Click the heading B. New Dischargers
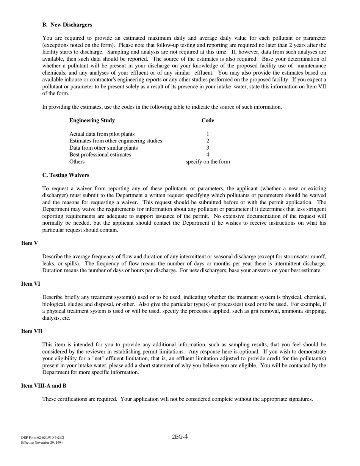coord(67,25)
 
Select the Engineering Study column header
coord(92,120)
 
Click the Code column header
coord(208,120)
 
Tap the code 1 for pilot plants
coord(208,134)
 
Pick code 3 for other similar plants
coord(208,148)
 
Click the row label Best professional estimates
coord(100,155)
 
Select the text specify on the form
coord(208,162)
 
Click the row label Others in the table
coord(77,162)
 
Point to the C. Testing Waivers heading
coord(66,175)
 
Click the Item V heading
coord(30,243)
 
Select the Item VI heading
coord(31,284)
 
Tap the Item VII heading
coord(32,331)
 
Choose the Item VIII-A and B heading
coord(44,386)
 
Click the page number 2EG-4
coord(180,437)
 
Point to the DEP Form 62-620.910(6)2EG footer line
coord(43,437)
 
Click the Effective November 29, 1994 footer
coord(42,443)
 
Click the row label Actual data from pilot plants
coord(102,134)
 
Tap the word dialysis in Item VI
coord(51,318)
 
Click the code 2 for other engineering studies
coord(208,141)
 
